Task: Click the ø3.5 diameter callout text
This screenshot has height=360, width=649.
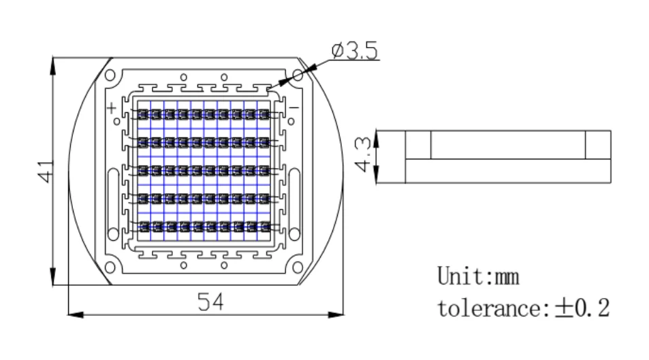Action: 354,52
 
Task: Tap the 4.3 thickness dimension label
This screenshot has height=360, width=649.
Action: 362,157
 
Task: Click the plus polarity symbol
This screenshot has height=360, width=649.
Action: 111,108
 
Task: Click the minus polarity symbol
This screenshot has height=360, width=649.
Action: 294,108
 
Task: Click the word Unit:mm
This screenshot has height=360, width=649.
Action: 478,276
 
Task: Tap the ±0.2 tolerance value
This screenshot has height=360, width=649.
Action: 582,308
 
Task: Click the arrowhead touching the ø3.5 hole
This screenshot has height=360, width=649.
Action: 304,71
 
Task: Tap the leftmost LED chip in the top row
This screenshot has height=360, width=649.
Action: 142,114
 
